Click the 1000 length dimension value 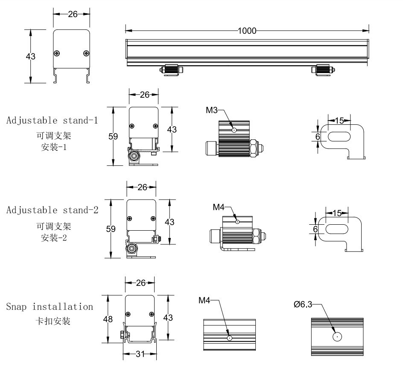tap(247, 30)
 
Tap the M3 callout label tap(212, 110)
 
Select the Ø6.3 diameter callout tap(303, 304)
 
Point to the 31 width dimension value tap(140, 354)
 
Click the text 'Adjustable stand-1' tap(52, 120)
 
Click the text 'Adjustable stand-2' tap(53, 210)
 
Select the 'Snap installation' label tap(50, 307)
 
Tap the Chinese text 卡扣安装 tap(53, 321)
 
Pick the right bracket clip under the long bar tap(323, 70)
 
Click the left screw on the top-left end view tap(57, 53)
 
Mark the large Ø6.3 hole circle tap(337, 337)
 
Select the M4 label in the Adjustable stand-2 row tap(219, 207)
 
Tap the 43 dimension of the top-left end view tap(30, 56)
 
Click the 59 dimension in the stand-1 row tap(113, 137)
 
